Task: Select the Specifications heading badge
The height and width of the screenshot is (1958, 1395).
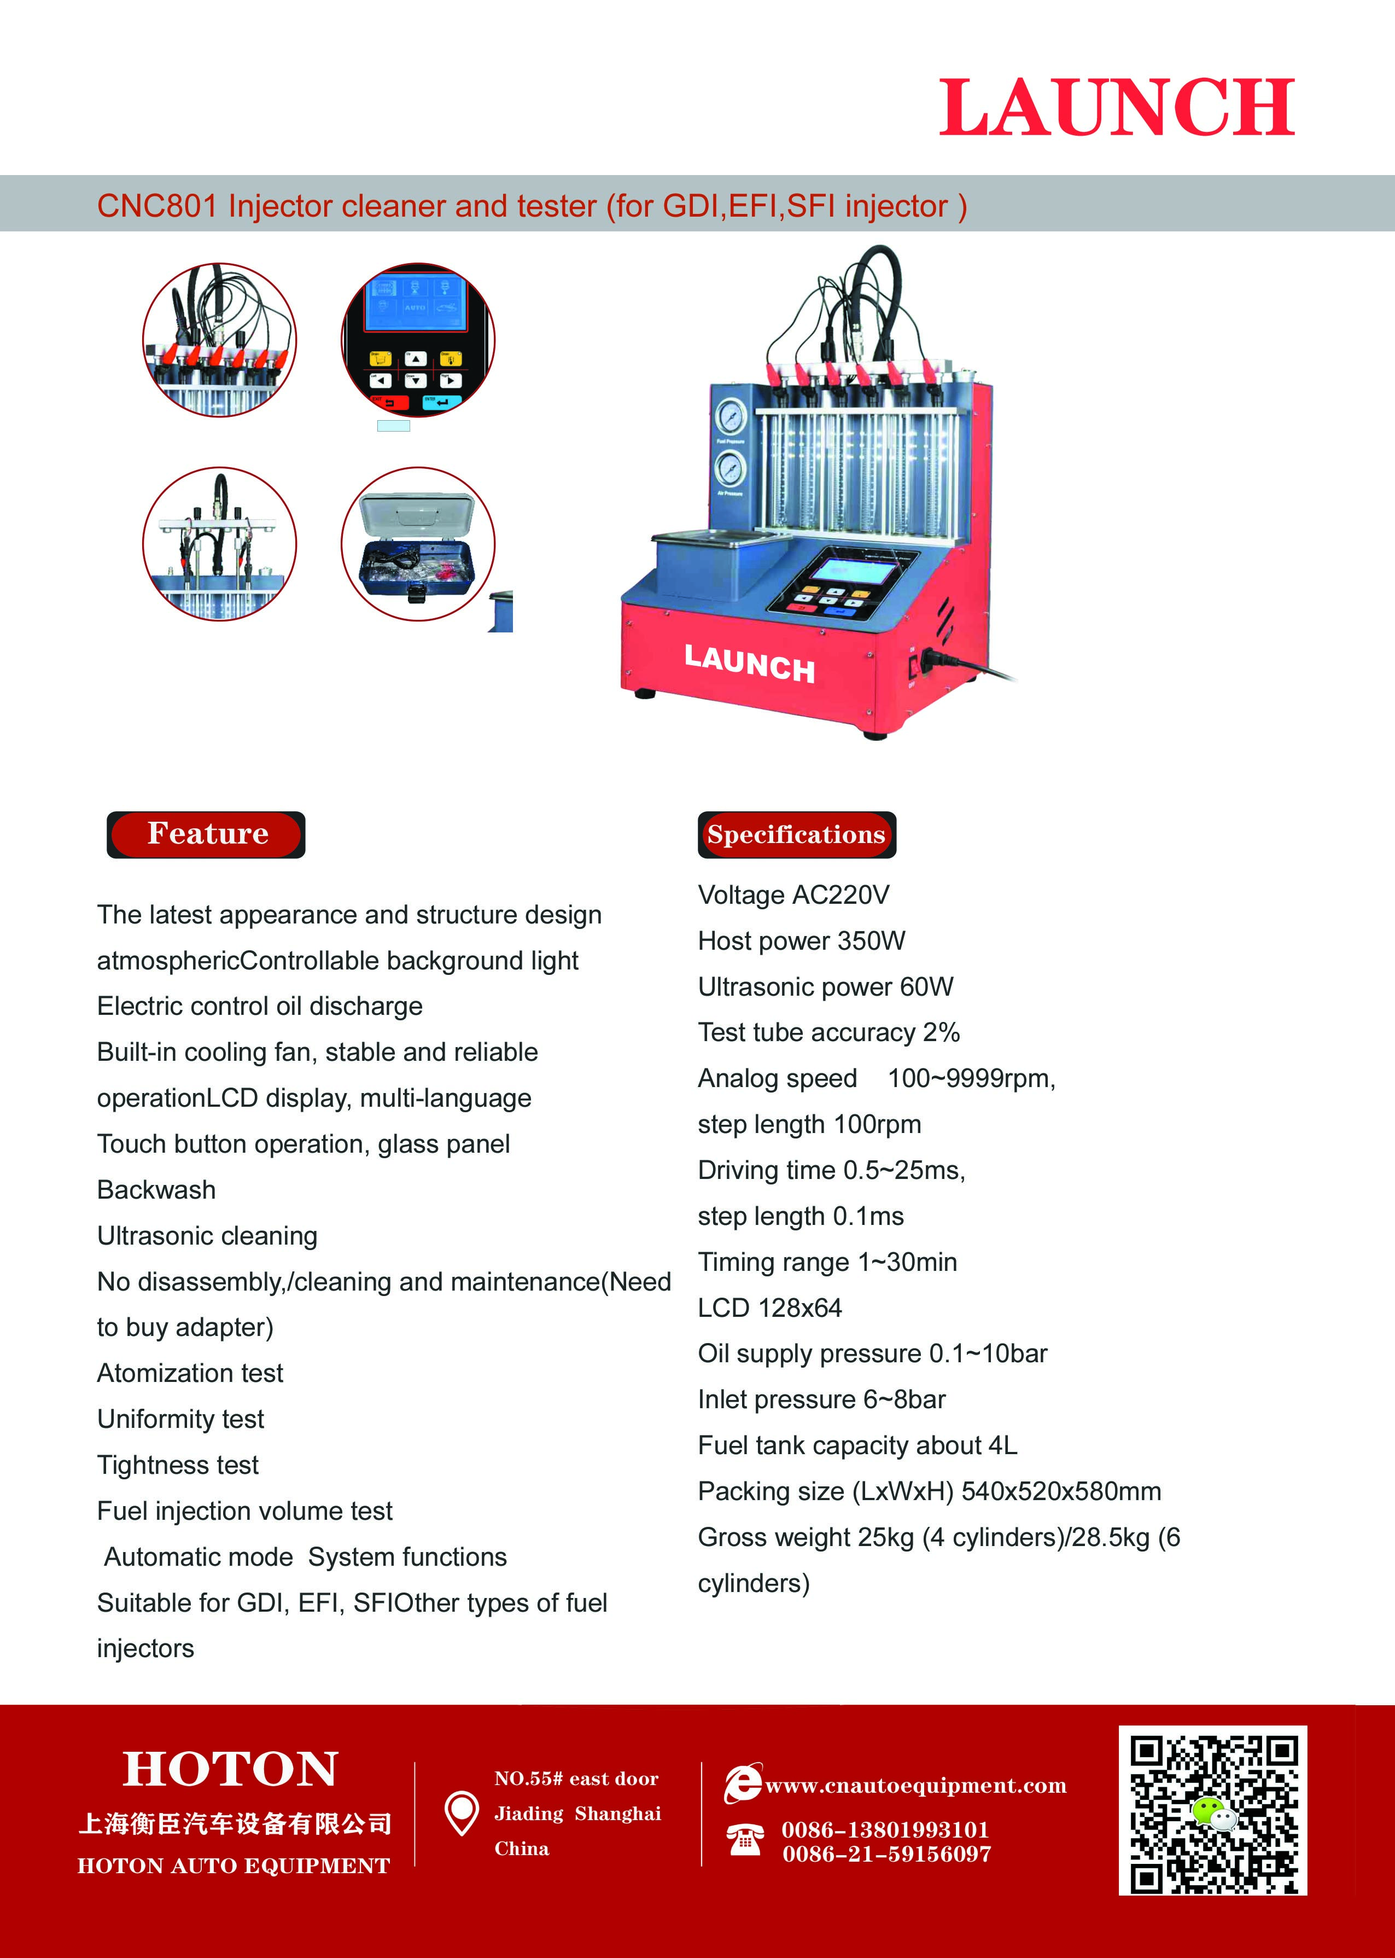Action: tap(796, 835)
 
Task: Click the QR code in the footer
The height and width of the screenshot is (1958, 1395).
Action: tap(1212, 1810)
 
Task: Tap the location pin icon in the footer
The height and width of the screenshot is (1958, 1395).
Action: tap(462, 1813)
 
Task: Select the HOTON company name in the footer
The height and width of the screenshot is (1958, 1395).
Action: tap(230, 1769)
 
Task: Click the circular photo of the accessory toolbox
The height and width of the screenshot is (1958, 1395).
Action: tap(418, 544)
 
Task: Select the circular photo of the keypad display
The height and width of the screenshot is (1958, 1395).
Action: tap(418, 340)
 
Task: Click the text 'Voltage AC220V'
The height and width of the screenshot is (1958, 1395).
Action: tap(793, 895)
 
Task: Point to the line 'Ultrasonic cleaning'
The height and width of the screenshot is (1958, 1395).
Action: tap(207, 1235)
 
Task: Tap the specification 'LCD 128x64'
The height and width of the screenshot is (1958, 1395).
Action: tap(769, 1308)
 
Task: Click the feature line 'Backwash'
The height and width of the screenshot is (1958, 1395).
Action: tap(156, 1190)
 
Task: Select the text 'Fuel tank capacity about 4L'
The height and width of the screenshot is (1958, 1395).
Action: tap(857, 1445)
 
